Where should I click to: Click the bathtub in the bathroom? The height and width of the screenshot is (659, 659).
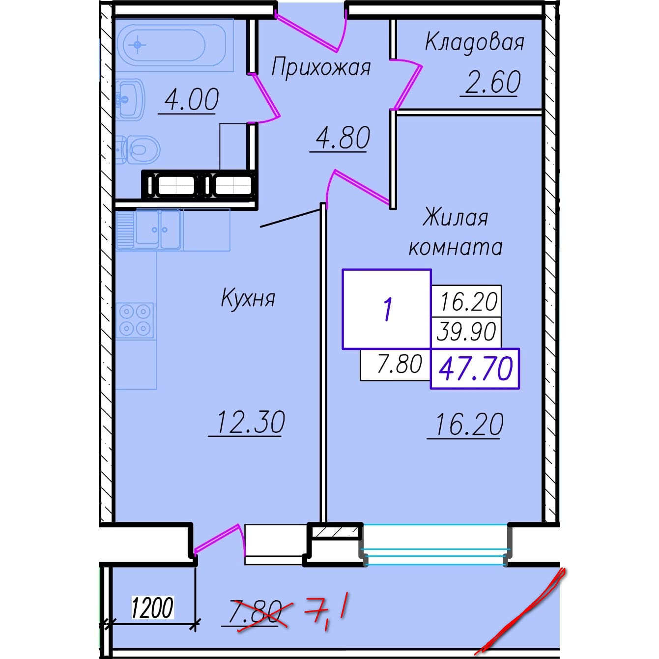(x=174, y=45)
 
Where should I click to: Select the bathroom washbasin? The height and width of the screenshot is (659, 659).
(x=130, y=99)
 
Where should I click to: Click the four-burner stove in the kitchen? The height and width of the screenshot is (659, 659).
(x=135, y=320)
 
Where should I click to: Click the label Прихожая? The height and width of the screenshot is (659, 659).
(x=321, y=67)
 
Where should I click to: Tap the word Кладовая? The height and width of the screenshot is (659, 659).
(x=474, y=43)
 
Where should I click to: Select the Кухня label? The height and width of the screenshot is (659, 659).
(x=248, y=298)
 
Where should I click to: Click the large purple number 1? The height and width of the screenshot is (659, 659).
(x=387, y=309)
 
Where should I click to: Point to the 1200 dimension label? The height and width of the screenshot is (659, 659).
(x=152, y=608)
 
